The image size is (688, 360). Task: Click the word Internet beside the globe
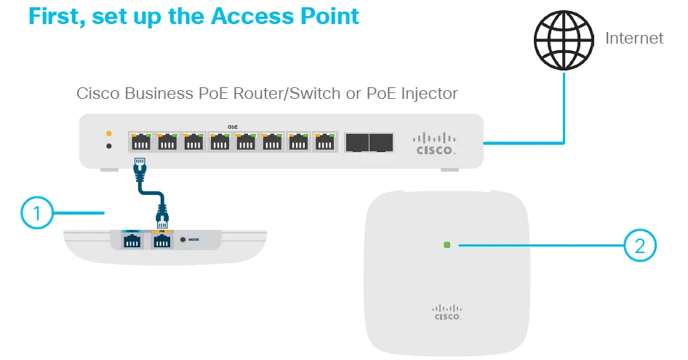634,38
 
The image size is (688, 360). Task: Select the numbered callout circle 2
640,245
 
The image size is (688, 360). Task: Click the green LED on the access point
447,245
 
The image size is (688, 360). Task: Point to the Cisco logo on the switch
435,143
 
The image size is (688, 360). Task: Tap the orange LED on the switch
109,133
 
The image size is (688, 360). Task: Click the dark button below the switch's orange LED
109,146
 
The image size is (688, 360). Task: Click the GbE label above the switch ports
233,127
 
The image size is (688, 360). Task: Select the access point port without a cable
132,241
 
